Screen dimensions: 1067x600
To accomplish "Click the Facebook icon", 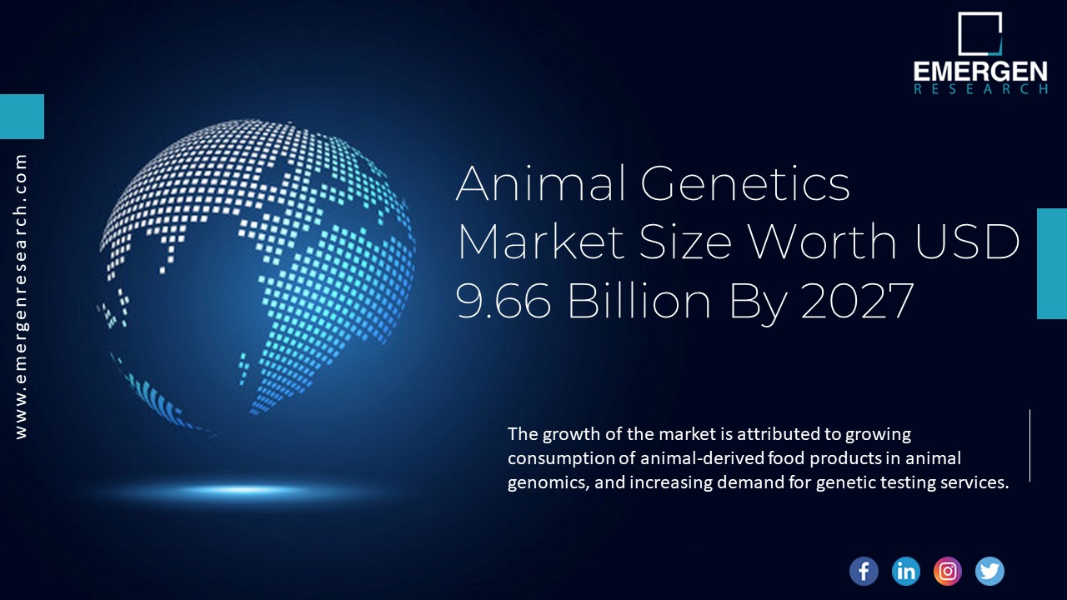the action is click(864, 571).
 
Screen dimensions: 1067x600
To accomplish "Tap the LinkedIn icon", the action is click(905, 571).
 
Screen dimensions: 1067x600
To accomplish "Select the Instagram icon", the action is click(948, 571).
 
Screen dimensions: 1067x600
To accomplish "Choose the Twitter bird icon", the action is click(989, 571).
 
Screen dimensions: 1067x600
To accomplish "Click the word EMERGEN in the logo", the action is click(980, 72).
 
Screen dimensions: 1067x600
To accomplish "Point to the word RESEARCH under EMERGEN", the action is click(980, 89).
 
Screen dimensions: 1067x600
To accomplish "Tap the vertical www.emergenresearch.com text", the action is click(21, 296).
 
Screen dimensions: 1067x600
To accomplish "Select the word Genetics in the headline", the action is click(745, 183).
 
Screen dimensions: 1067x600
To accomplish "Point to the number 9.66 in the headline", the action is click(503, 301).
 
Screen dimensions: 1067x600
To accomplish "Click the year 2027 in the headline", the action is click(857, 301).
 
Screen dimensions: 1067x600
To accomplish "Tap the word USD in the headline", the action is click(968, 242).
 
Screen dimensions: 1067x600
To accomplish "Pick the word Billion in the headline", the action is click(639, 301).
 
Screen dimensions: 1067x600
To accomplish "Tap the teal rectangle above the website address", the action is click(22, 117).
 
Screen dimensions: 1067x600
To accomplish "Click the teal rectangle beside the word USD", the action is click(1052, 263).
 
